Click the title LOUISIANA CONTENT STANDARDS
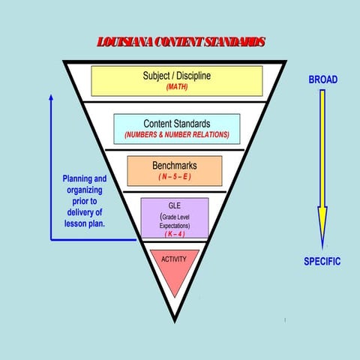pos(181,41)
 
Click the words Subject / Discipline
pos(176,76)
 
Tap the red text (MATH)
pos(177,87)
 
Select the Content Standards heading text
pos(177,124)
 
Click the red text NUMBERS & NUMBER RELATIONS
pos(177,135)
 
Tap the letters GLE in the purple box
pos(174,204)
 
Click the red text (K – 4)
pos(174,233)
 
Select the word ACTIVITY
pos(174,259)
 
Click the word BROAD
pos(322,79)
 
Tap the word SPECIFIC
pos(322,262)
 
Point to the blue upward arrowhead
pos(51,97)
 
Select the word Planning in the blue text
pos(84,179)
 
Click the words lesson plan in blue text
pos(83,223)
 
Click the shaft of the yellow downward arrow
pos(322,150)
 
